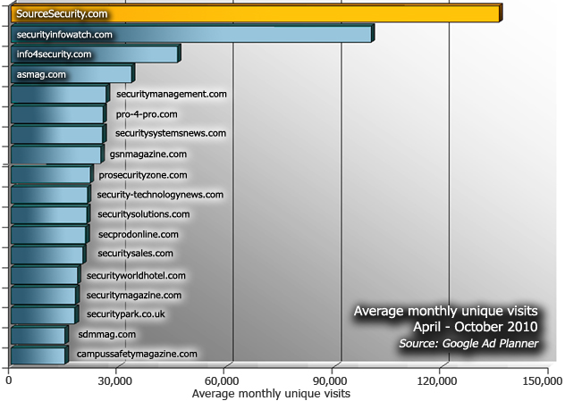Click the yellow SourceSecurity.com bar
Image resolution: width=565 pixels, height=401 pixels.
[x=255, y=13]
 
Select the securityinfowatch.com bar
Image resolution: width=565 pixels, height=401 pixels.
[x=190, y=34]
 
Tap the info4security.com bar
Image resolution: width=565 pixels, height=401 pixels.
[x=94, y=54]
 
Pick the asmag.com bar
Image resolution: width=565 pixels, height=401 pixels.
[x=71, y=74]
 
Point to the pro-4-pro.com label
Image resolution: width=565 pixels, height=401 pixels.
[x=147, y=114]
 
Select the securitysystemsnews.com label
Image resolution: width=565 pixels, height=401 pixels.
[x=171, y=133]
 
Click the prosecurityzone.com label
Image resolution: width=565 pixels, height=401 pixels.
[x=143, y=175]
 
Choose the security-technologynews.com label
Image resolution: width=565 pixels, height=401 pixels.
[x=160, y=194]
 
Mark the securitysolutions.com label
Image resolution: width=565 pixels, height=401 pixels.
[x=144, y=214]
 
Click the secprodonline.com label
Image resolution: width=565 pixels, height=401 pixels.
[x=139, y=234]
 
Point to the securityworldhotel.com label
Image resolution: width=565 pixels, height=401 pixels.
[x=137, y=276]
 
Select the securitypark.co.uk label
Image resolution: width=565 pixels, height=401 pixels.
[x=126, y=313]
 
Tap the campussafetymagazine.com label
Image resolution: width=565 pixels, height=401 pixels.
[x=137, y=354]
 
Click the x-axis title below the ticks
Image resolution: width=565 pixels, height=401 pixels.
[x=271, y=393]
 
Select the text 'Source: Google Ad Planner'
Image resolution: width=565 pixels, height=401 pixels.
[x=468, y=343]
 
